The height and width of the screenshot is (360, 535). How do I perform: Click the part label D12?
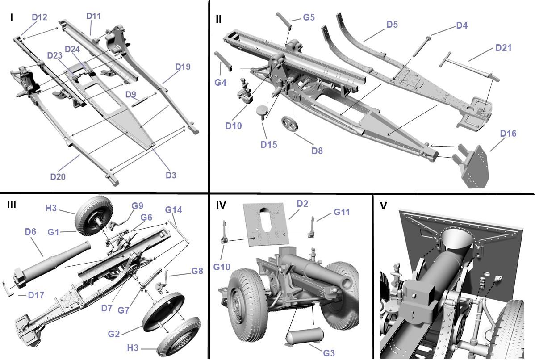(39, 17)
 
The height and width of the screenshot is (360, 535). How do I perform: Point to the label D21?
(503, 48)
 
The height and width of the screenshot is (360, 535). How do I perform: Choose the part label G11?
(342, 213)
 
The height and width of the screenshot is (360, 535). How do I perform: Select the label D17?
(36, 295)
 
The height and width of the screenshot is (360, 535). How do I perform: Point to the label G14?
(173, 209)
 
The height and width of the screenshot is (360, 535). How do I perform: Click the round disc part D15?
(262, 112)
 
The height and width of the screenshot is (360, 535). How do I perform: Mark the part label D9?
(130, 94)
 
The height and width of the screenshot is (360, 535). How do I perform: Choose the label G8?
(197, 271)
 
